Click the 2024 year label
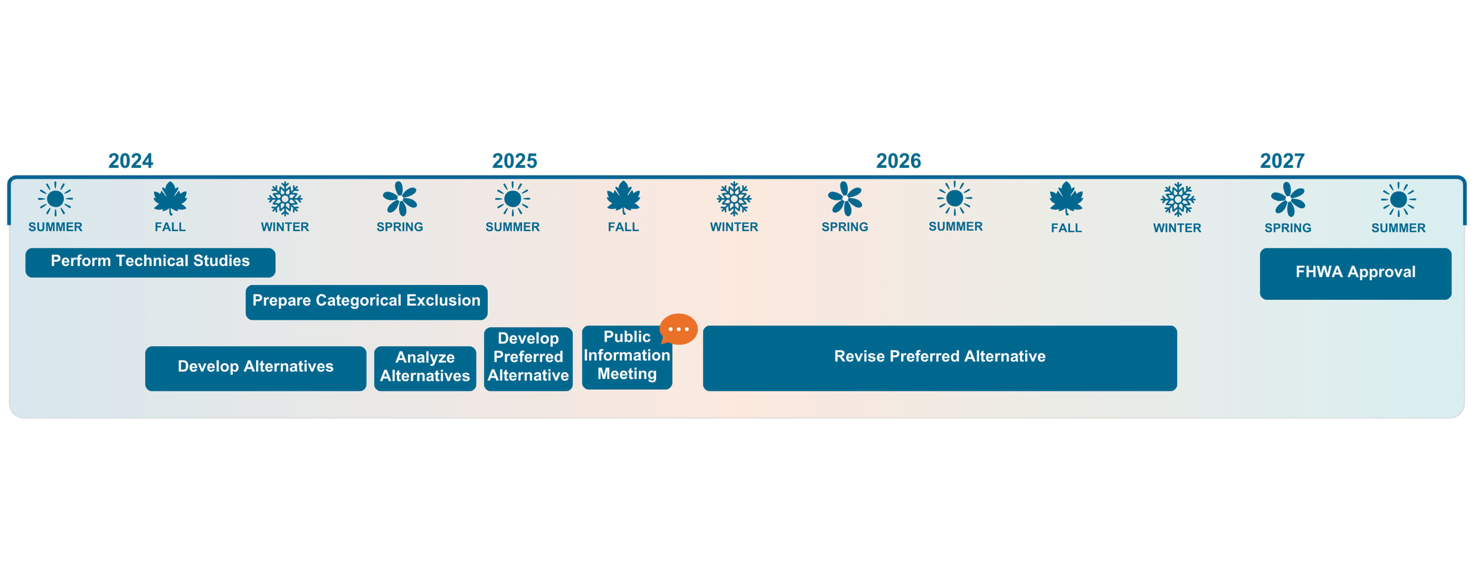[131, 161]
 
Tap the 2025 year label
[514, 161]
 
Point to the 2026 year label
[898, 161]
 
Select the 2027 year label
[1282, 161]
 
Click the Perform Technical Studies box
[151, 261]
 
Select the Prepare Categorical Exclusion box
[366, 302]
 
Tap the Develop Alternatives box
[255, 368]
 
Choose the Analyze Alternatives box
[424, 368]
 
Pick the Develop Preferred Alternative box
[528, 358]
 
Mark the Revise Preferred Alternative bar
[939, 358]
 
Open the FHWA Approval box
[1355, 273]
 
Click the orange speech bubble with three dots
[678, 329]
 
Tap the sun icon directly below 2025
[513, 199]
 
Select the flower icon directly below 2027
[1288, 199]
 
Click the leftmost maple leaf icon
[170, 199]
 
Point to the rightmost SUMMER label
[1398, 228]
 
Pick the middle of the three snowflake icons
[734, 199]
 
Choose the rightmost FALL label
[1066, 228]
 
